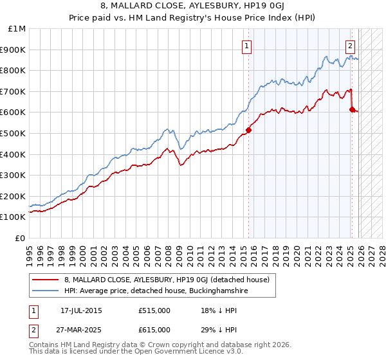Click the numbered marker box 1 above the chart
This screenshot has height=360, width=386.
pos(248,46)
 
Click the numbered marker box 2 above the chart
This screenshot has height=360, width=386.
pos(351,46)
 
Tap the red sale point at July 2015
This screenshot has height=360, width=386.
pos(248,130)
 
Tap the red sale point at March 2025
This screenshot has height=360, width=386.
pos(352,109)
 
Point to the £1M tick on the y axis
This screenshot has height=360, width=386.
pos(18,29)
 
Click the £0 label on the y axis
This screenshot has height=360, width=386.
pos(21,238)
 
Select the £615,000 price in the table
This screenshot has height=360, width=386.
pos(154,329)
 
